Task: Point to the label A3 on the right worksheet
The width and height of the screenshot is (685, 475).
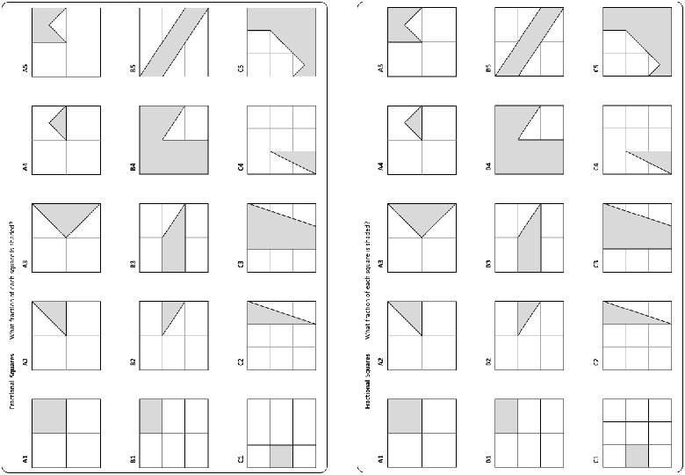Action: pyautogui.click(x=381, y=261)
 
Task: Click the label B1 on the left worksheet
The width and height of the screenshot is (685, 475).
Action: pyautogui.click(x=133, y=457)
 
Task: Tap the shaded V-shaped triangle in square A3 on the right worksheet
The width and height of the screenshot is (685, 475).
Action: pyautogui.click(x=422, y=215)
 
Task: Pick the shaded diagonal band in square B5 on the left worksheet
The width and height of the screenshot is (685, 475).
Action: pyautogui.click(x=173, y=42)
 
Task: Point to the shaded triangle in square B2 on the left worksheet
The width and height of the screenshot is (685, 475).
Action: pyautogui.click(x=175, y=312)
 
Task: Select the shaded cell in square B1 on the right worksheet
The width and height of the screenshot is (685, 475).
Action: pyautogui.click(x=507, y=416)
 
